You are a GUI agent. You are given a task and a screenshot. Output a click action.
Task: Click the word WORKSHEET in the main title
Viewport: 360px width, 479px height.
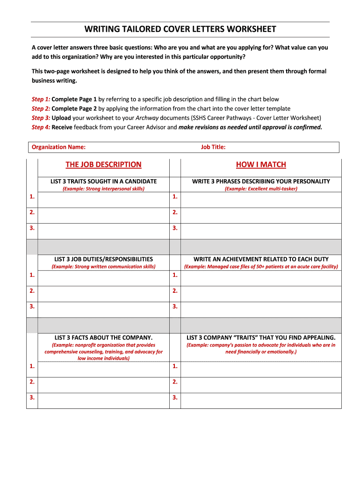coord(251,29)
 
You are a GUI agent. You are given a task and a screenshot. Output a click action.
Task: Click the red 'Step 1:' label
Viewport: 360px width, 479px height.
coord(41,99)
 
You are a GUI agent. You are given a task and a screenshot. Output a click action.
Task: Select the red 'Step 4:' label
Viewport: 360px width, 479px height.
coord(41,127)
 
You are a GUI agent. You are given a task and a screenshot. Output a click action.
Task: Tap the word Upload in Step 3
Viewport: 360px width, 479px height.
coord(61,118)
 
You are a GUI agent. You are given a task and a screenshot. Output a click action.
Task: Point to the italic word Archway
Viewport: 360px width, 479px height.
coord(147,118)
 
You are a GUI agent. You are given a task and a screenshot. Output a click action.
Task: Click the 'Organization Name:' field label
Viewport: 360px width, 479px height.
coord(58,147)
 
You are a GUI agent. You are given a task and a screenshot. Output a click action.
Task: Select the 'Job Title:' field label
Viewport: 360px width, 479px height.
coord(213,147)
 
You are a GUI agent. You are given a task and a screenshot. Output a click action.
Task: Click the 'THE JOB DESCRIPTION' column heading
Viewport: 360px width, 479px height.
coord(103,165)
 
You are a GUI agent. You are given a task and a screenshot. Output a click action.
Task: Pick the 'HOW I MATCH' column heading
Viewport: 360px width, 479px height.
coord(261,165)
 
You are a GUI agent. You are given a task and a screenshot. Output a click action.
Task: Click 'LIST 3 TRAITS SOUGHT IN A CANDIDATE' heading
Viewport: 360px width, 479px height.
coord(103,181)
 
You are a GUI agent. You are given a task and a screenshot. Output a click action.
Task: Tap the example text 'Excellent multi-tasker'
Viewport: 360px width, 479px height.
coord(261,189)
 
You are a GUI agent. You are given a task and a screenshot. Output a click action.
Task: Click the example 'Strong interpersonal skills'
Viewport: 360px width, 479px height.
coord(103,189)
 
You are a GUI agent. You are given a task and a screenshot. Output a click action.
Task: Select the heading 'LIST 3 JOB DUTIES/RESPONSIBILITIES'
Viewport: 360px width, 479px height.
coord(103,259)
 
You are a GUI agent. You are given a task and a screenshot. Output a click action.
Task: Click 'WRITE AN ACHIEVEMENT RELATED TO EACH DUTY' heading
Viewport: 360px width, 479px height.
coord(261,259)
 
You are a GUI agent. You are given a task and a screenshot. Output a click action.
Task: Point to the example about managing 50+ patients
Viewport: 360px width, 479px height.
coord(261,267)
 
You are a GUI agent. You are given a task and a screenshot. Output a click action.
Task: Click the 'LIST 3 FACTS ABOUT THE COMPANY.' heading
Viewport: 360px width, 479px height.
coord(103,337)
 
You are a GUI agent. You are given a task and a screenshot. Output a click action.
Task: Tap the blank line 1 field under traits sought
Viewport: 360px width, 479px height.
coord(103,197)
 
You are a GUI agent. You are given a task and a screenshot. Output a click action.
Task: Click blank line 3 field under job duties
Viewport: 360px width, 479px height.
coord(103,307)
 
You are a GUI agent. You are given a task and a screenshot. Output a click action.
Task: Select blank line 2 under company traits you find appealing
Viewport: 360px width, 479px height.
coord(261,382)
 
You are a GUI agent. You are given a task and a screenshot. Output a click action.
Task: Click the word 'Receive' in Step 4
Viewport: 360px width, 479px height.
coord(62,127)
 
